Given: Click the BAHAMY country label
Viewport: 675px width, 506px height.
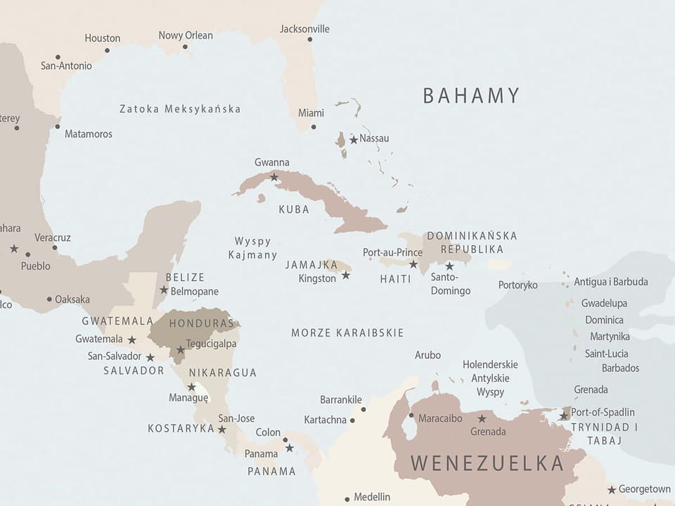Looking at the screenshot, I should coord(471,96).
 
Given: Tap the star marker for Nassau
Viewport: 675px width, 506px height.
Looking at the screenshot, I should coord(354,140).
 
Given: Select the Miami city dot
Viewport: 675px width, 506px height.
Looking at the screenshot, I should coord(314,127).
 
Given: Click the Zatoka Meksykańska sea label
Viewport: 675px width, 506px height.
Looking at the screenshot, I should coord(180,109).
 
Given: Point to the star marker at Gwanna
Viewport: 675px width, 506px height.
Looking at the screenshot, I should coord(274,177).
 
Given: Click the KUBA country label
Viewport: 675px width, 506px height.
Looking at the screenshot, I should coord(294,209).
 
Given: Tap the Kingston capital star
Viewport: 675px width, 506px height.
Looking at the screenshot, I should coord(346,275).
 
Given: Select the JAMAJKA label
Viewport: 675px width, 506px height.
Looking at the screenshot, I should coord(311,265).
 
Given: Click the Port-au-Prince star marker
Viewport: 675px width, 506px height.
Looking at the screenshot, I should coord(413,265).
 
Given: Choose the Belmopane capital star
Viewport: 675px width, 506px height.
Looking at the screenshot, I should coord(164,290).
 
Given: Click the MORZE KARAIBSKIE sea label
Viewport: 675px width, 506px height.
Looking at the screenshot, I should coord(347,332).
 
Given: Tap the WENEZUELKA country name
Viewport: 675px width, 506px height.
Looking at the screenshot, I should coord(487,463).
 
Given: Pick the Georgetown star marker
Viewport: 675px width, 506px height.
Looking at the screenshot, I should coord(612,490).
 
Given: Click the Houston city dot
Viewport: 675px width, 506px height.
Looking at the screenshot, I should coord(107,51).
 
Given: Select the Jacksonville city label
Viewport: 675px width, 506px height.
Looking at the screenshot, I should coord(304,30).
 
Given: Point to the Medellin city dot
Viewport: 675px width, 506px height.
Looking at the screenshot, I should coord(347,500).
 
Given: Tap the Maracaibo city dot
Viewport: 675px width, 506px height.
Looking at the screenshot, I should coord(411,415).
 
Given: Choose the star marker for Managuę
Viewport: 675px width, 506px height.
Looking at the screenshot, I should coord(191,387).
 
